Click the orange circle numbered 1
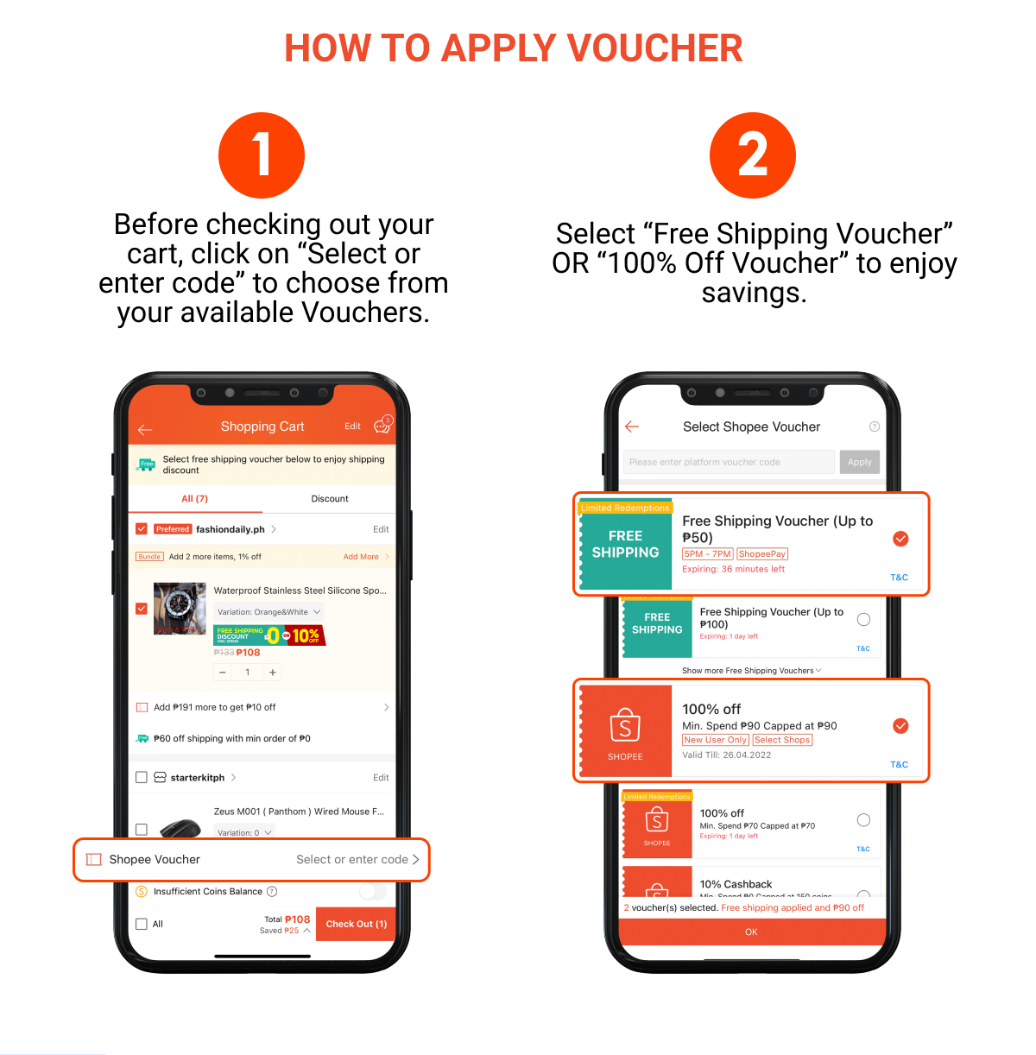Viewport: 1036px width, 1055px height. pos(262,155)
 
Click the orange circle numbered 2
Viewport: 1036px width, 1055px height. pos(752,155)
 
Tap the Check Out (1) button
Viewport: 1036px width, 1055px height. pos(356,924)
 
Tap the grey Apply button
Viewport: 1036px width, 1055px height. pos(859,462)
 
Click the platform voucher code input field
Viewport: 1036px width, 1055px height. pos(728,462)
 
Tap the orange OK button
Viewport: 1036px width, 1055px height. pos(751,932)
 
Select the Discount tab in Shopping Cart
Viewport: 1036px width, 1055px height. pos(329,499)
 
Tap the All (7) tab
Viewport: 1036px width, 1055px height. pos(194,499)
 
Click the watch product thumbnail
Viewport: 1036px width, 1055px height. pos(180,609)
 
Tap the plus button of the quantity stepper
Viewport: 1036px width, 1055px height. pos(273,673)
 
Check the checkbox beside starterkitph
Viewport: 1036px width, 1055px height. pos(142,777)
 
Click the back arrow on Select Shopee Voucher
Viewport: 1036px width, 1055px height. pos(632,426)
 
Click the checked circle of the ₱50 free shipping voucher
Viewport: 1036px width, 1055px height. pos(900,539)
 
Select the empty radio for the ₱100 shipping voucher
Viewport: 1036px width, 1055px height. pos(863,620)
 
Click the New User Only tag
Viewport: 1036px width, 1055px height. pos(715,740)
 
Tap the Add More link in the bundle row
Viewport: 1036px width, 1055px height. pos(361,557)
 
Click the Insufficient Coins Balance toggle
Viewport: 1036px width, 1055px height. pos(372,891)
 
